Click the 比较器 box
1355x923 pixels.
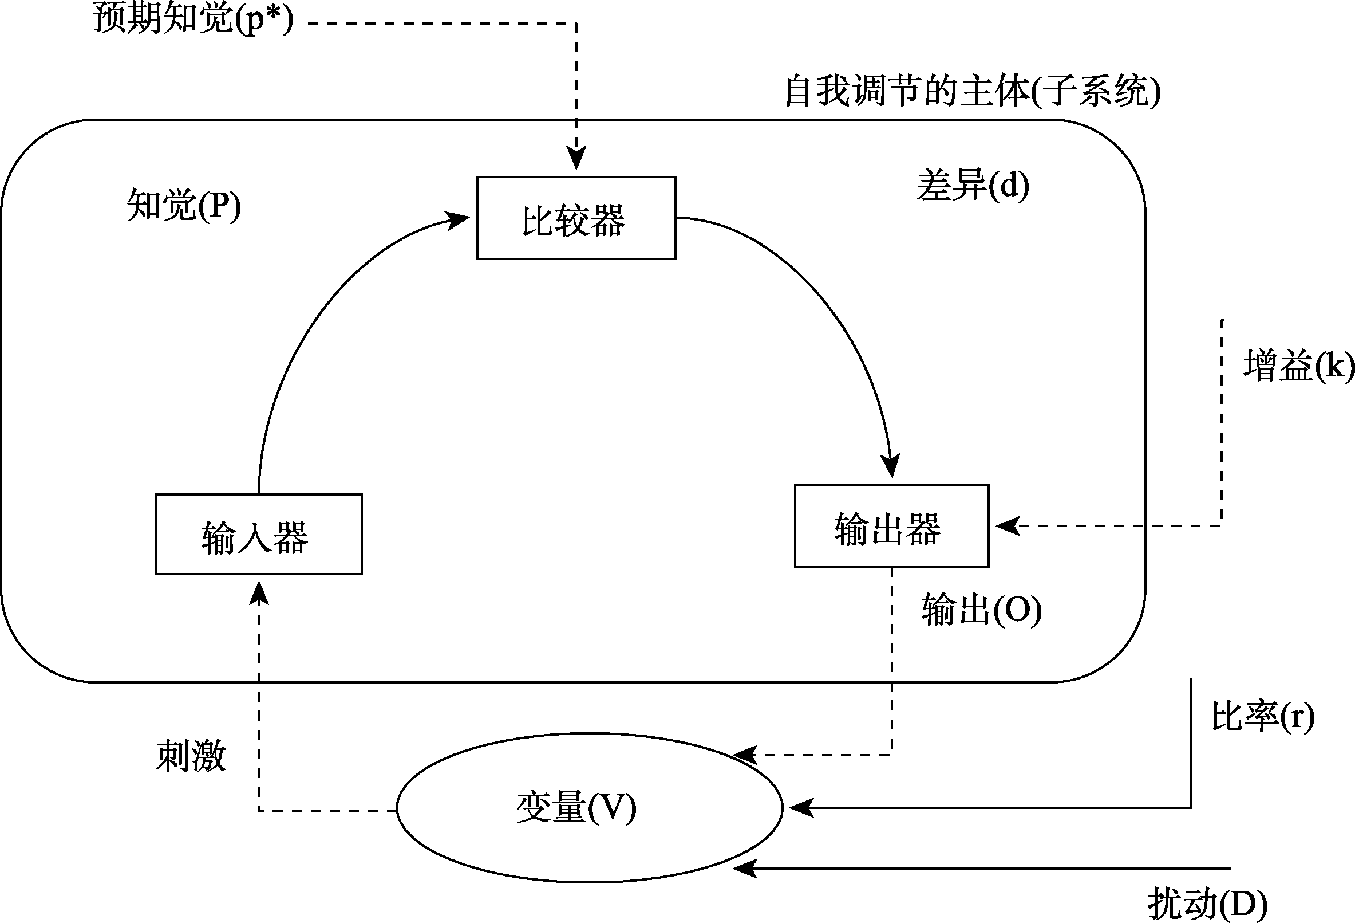point(576,218)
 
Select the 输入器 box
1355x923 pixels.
point(258,535)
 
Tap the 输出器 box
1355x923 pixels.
point(891,527)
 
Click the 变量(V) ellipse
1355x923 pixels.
point(589,808)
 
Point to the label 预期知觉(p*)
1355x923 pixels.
point(193,19)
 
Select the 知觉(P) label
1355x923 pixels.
point(184,205)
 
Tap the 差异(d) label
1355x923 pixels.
point(973,186)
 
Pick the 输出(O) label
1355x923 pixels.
point(981,610)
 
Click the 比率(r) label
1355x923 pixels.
point(1263,717)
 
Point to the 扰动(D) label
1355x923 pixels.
point(1207,904)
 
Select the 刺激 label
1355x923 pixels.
point(191,756)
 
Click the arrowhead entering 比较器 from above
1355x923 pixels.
point(576,159)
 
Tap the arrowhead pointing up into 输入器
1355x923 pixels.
point(259,594)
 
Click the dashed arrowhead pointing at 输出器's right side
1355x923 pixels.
point(1007,526)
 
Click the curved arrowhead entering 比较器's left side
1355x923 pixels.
point(458,220)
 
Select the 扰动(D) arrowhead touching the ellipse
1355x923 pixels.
point(745,869)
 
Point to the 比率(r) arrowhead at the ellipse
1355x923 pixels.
point(801,808)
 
